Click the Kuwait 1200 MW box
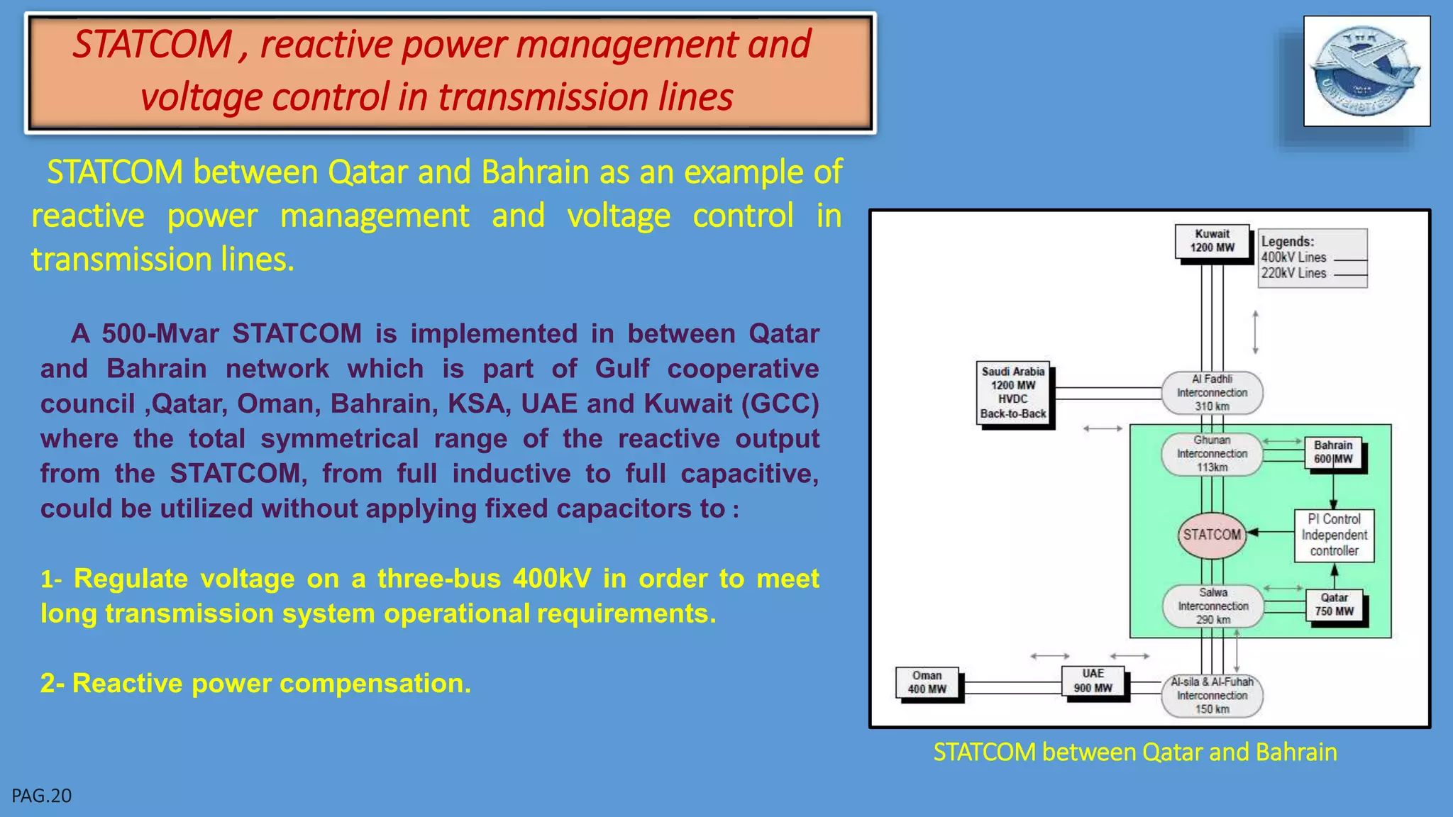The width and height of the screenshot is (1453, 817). [x=1212, y=241]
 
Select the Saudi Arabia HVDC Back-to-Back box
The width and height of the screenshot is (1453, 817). [x=1013, y=392]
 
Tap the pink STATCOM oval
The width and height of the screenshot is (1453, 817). [x=1212, y=535]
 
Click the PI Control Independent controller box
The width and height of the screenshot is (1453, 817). [x=1334, y=535]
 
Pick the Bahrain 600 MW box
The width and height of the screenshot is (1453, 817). [x=1333, y=452]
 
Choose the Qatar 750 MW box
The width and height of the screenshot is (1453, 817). [x=1334, y=605]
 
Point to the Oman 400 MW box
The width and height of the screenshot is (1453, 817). [x=927, y=682]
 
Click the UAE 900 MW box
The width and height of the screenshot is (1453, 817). [x=1093, y=681]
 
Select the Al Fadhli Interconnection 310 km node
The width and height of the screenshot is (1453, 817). [x=1212, y=393]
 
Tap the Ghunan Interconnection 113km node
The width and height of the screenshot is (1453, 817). [x=1212, y=454]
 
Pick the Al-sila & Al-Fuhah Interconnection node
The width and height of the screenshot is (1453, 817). [x=1212, y=696]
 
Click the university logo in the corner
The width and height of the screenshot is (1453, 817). [x=1366, y=71]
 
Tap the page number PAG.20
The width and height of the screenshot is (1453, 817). [x=42, y=796]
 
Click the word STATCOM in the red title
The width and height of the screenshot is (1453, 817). [x=153, y=45]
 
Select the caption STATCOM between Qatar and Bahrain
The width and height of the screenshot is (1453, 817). [x=1135, y=752]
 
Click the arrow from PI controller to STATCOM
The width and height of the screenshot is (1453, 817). [x=1270, y=532]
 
